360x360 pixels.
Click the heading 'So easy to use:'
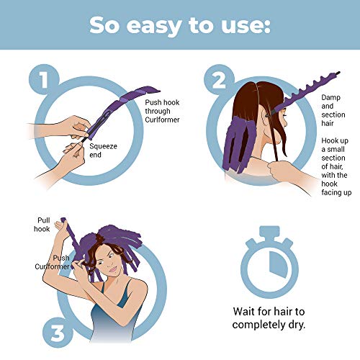pyautogui.click(x=179, y=24)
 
